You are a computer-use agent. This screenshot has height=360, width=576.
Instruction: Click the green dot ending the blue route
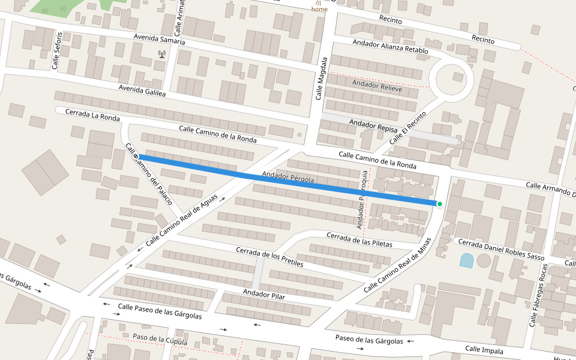click(440, 205)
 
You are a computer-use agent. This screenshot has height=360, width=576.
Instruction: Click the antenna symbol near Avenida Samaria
click(161, 53)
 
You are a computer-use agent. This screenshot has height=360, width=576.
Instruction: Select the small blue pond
click(466, 260)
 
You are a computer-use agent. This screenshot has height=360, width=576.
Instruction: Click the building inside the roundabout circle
click(458, 77)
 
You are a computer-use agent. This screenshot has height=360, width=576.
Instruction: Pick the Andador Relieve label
click(377, 85)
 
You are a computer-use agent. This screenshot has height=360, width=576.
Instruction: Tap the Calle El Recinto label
click(407, 127)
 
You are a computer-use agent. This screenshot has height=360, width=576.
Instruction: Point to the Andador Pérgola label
click(288, 178)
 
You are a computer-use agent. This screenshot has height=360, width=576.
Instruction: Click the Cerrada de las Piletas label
click(359, 239)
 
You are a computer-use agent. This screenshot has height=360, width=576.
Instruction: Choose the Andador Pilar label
click(263, 293)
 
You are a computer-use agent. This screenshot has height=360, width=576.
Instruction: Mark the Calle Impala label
click(484, 350)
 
